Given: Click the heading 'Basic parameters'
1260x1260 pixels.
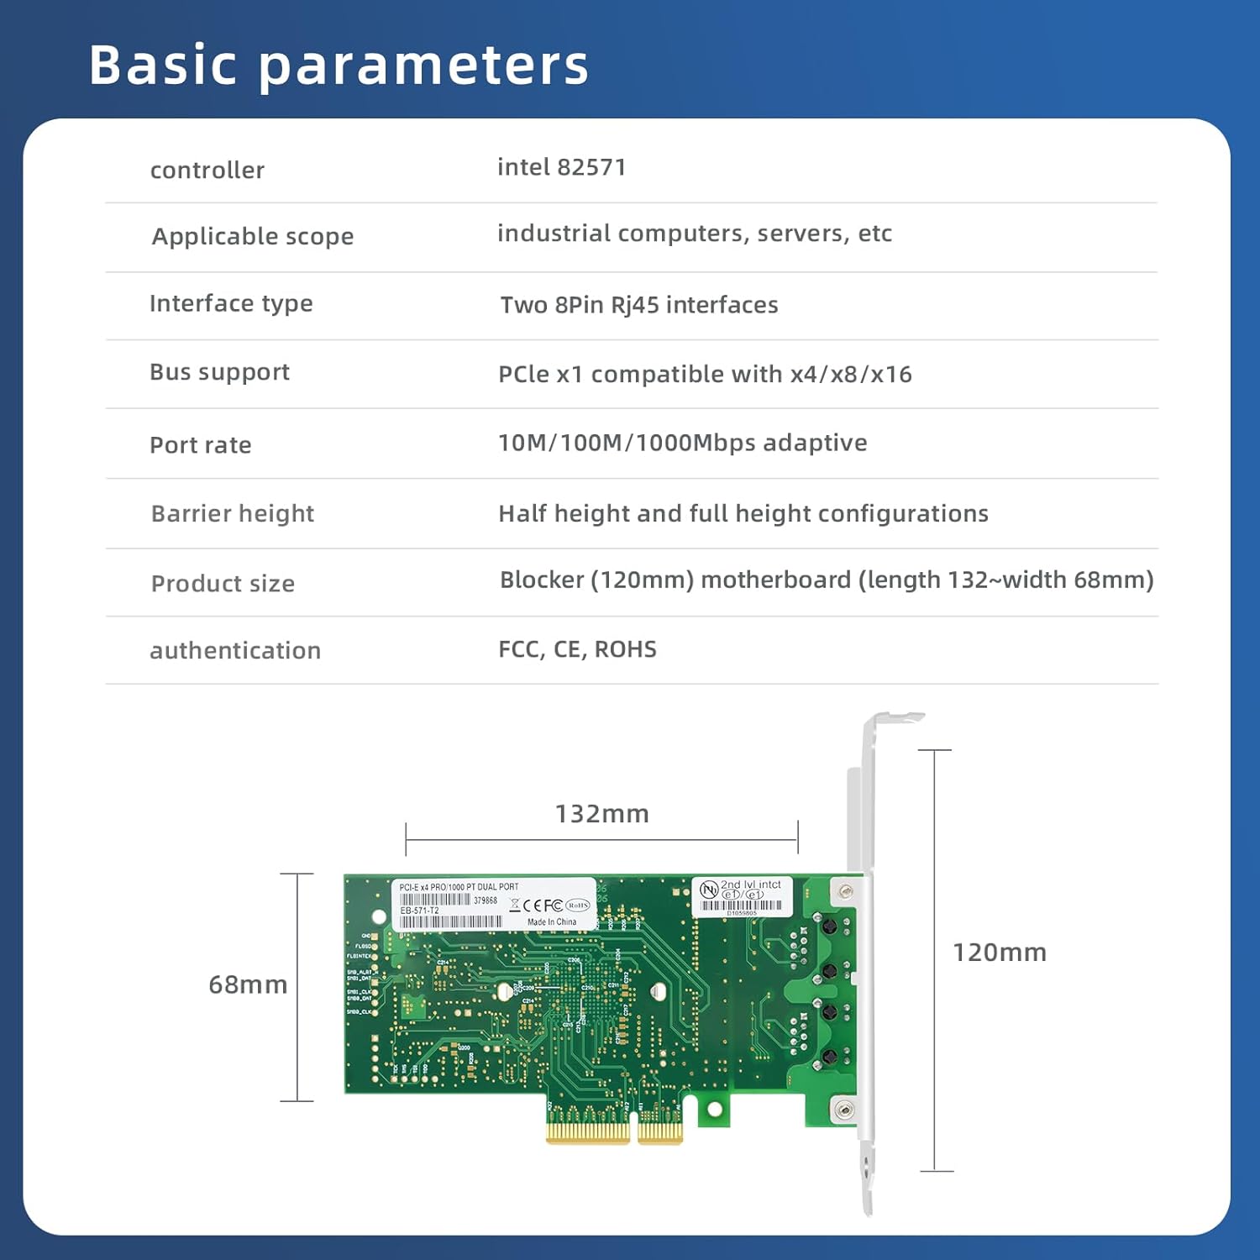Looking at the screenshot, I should (x=339, y=65).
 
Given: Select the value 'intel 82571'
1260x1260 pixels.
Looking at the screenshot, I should (x=561, y=167).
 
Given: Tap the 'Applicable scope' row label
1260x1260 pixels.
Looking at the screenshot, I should (x=252, y=236).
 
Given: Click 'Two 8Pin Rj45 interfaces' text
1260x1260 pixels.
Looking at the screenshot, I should (x=638, y=304).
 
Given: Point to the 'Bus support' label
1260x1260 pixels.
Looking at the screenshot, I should (x=219, y=372).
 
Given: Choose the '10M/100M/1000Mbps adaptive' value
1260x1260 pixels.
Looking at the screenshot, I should (x=682, y=443).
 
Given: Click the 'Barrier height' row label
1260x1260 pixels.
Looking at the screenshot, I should (x=232, y=513).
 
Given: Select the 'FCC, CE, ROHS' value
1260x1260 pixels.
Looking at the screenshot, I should (x=577, y=649).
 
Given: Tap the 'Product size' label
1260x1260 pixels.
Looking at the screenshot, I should (x=223, y=583).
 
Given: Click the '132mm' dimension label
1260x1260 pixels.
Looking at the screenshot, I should (x=601, y=813).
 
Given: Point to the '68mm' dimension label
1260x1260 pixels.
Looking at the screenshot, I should (x=248, y=984).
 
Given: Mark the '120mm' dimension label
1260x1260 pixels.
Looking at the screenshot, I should (x=999, y=953).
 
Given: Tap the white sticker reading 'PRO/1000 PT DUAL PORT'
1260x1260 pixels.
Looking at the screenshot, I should (x=494, y=904).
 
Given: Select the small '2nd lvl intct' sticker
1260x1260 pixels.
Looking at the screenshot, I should (x=741, y=896).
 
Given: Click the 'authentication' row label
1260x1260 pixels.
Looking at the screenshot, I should (x=235, y=650).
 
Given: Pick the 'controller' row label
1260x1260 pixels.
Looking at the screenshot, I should (x=207, y=170).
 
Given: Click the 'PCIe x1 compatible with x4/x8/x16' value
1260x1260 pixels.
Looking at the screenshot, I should (x=705, y=374).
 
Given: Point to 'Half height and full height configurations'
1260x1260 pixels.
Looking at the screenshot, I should (x=743, y=513).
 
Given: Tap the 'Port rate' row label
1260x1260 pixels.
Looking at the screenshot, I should (x=200, y=445).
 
